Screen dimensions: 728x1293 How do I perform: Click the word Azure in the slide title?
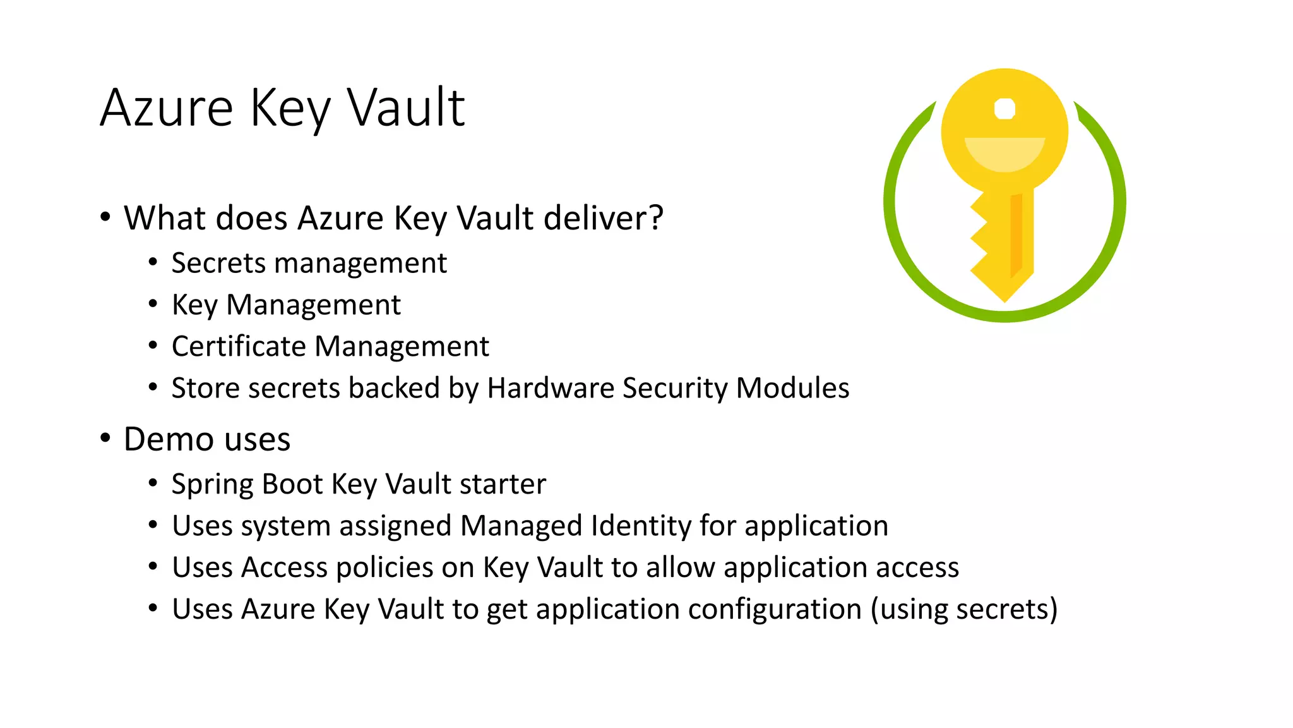(x=167, y=108)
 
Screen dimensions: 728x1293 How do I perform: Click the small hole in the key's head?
(x=1004, y=109)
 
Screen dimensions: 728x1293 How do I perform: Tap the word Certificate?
(x=239, y=346)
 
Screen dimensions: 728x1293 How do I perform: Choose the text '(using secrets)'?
(x=964, y=609)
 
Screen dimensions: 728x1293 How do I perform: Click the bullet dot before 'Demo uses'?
(x=105, y=438)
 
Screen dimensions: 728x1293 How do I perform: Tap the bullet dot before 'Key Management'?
(x=153, y=305)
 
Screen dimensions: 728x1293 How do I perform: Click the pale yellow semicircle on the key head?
(x=1004, y=152)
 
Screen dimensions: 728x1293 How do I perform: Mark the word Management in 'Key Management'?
(x=313, y=305)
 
